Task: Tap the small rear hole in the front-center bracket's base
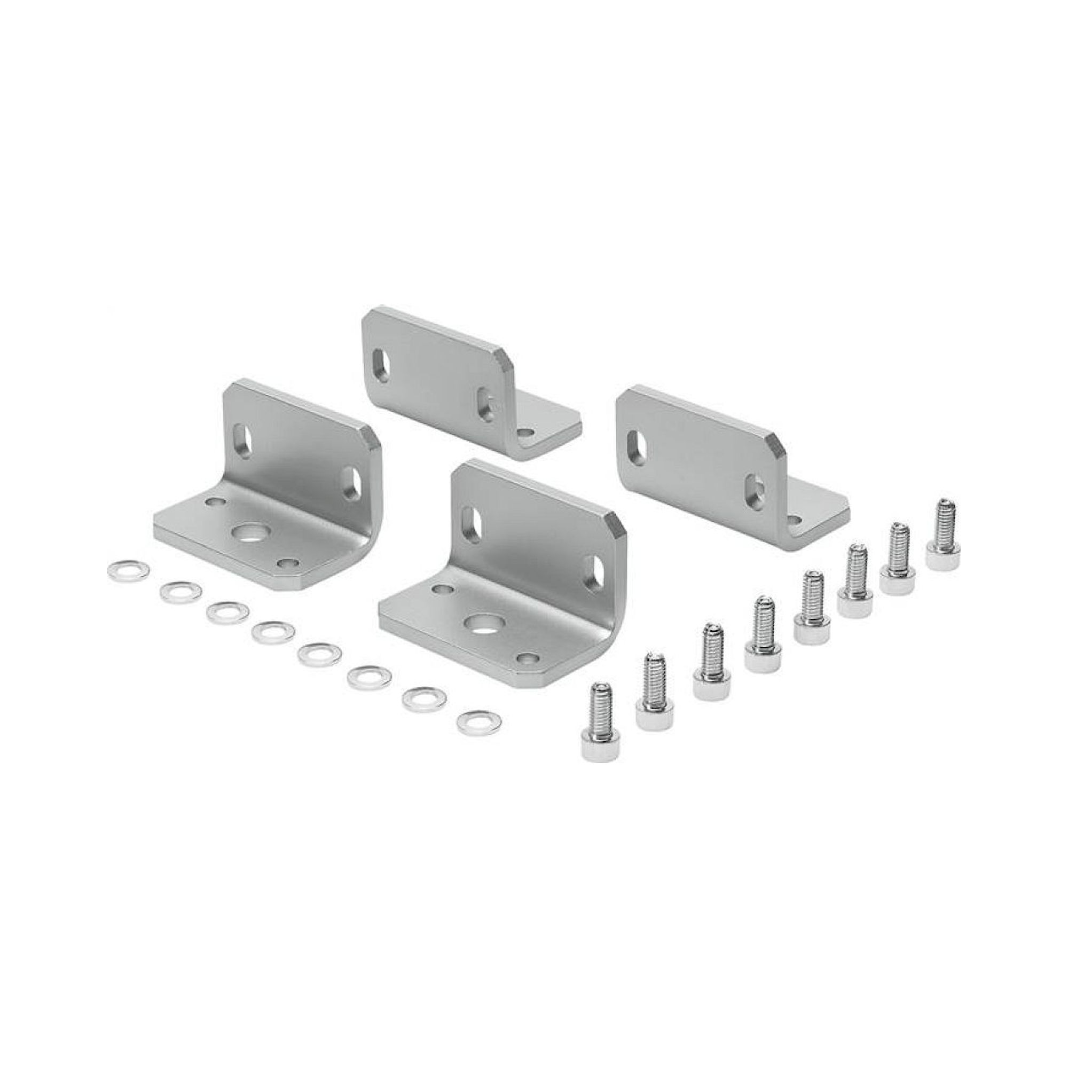(x=441, y=590)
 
